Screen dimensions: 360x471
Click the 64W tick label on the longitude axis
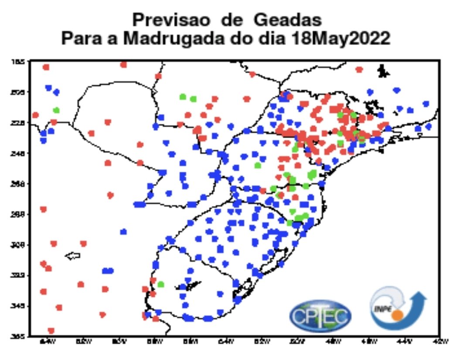coord(44,342)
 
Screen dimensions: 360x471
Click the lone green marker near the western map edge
coord(56,110)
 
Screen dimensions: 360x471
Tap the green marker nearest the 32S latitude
coord(160,285)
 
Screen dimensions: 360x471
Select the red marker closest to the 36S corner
coord(51,330)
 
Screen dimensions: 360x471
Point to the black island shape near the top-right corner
coord(383,71)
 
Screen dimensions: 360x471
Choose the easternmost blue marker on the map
coord(428,126)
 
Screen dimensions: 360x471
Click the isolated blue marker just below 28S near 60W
coord(124,231)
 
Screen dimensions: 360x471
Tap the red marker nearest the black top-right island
coord(359,69)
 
